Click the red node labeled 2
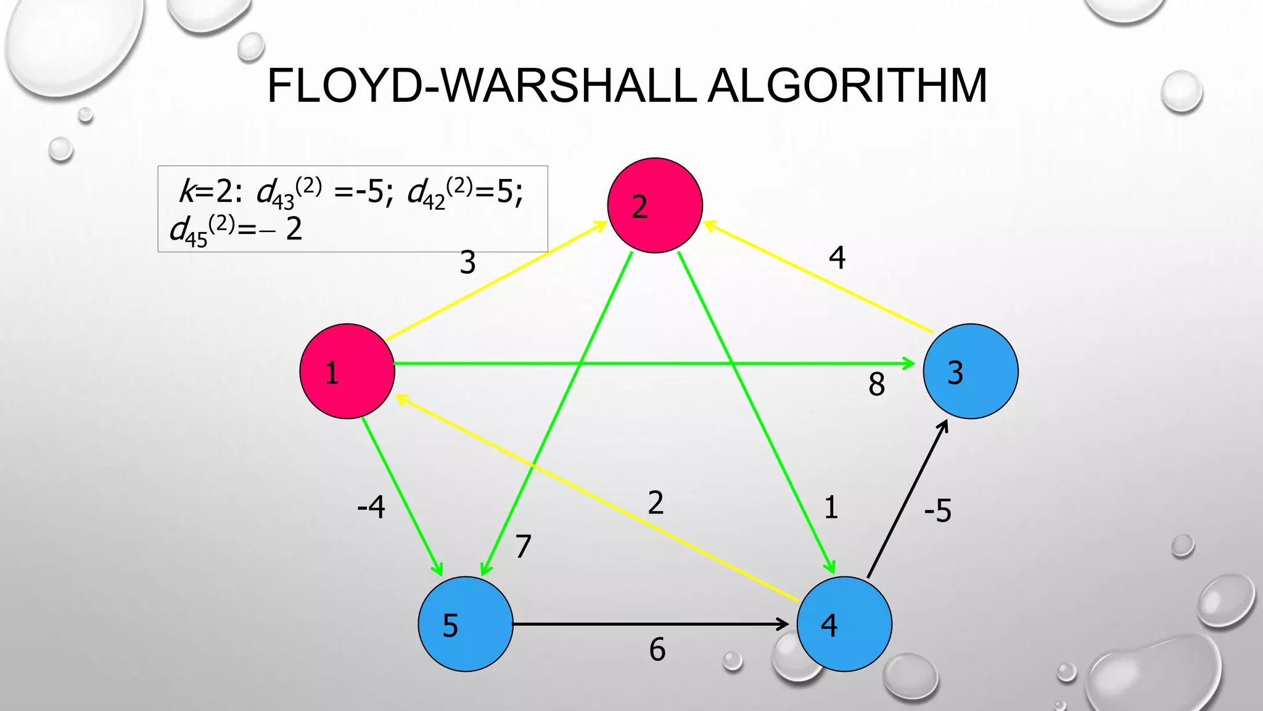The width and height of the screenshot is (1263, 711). [x=655, y=206]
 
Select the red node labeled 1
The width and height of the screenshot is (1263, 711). [x=347, y=372]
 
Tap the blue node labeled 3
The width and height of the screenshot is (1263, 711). [x=971, y=372]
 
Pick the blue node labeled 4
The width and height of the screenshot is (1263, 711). [x=844, y=624]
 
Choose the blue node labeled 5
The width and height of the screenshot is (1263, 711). [x=466, y=624]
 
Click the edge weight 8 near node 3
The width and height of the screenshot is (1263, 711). [x=876, y=385]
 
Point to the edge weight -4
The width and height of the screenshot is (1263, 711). [x=371, y=507]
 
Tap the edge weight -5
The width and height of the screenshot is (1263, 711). [x=937, y=511]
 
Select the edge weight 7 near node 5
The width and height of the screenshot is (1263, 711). [x=523, y=546]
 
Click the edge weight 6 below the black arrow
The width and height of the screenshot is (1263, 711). [x=657, y=650]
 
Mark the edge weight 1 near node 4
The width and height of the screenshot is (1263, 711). [x=831, y=507]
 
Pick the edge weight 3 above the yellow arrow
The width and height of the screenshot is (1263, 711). [x=468, y=263]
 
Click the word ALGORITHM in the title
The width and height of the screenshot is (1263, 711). [x=847, y=85]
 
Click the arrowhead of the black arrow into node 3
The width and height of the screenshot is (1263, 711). [x=944, y=425]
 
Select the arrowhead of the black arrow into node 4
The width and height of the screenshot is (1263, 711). [x=784, y=624]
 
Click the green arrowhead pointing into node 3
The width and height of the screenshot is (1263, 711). [x=910, y=364]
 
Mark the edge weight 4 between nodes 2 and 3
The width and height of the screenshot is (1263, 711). [x=837, y=257]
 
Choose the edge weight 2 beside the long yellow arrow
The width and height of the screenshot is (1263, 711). [x=656, y=502]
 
